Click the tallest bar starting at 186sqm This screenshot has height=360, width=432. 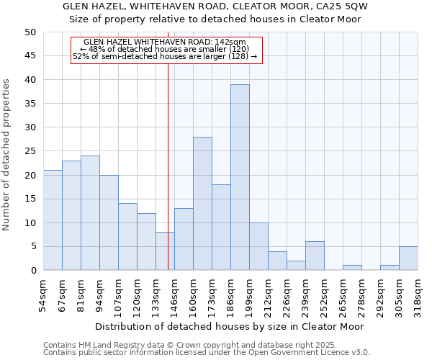240,177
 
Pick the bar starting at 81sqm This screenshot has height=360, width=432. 90,213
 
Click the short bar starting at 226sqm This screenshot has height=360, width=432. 296,266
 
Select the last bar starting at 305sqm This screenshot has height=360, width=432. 408,258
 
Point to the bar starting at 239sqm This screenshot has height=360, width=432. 315,256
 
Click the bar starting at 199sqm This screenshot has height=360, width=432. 258,247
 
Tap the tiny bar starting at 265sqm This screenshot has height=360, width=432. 352,268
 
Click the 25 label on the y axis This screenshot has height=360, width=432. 30,151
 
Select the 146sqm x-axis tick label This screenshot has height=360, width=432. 174,296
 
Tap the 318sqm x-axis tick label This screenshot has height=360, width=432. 418,296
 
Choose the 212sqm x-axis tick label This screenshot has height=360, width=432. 268,296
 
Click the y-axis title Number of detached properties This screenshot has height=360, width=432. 6,156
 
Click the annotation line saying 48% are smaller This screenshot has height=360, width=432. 166,49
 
